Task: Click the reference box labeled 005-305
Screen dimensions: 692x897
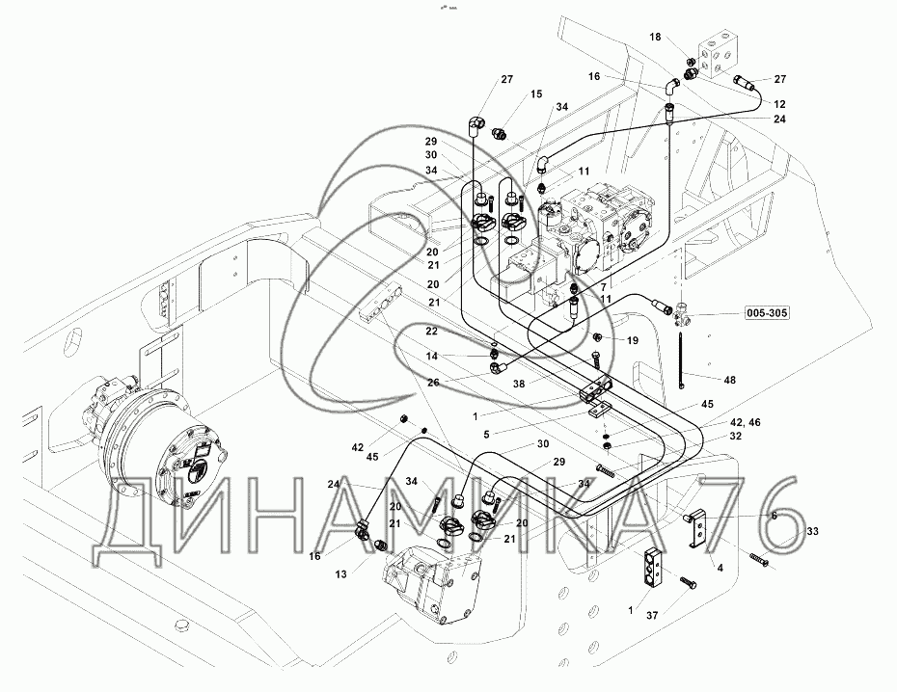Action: tap(767, 314)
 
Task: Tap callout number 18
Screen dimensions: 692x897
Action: tap(655, 37)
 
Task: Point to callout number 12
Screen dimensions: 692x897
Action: tap(779, 104)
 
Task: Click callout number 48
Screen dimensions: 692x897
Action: tap(728, 380)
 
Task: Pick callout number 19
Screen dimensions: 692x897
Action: tap(633, 340)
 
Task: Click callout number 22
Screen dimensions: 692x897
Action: tap(431, 331)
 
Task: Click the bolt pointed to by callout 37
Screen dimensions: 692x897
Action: tap(686, 583)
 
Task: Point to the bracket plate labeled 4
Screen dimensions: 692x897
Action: tap(703, 530)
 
